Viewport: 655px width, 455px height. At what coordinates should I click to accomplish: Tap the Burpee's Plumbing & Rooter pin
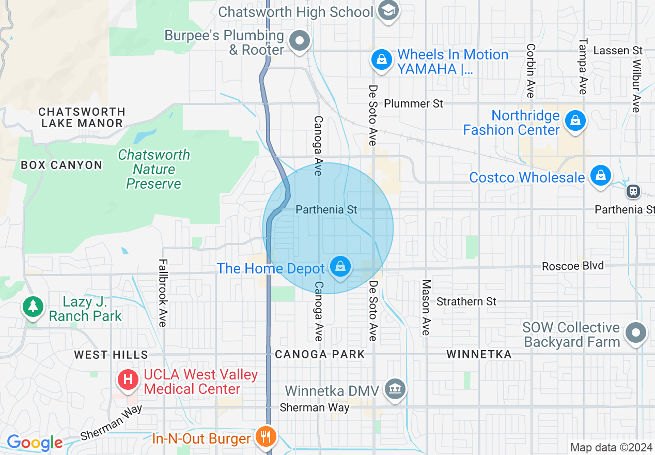coord(299,41)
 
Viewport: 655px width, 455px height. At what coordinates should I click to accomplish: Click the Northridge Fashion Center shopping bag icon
coord(574,122)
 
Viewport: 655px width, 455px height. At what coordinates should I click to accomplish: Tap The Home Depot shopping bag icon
coord(340,267)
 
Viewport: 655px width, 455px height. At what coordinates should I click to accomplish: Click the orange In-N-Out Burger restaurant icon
coord(267,436)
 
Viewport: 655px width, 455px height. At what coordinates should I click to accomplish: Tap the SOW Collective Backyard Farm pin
coord(636,332)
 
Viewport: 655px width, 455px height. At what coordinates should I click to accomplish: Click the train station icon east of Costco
coord(633,192)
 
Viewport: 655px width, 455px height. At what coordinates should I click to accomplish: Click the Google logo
coord(35,443)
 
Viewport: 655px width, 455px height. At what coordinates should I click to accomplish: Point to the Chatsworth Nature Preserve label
coord(154,169)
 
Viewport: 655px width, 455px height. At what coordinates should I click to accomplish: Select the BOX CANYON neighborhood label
coord(61,165)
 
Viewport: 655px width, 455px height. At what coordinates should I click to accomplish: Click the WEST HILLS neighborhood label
coord(111,355)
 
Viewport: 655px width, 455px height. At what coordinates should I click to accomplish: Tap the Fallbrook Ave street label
coord(163,293)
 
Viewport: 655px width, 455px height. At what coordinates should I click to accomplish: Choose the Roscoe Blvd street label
coord(573,266)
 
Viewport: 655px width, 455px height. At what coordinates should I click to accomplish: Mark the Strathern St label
coord(466,301)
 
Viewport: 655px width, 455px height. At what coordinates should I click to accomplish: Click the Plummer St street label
coord(414,103)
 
